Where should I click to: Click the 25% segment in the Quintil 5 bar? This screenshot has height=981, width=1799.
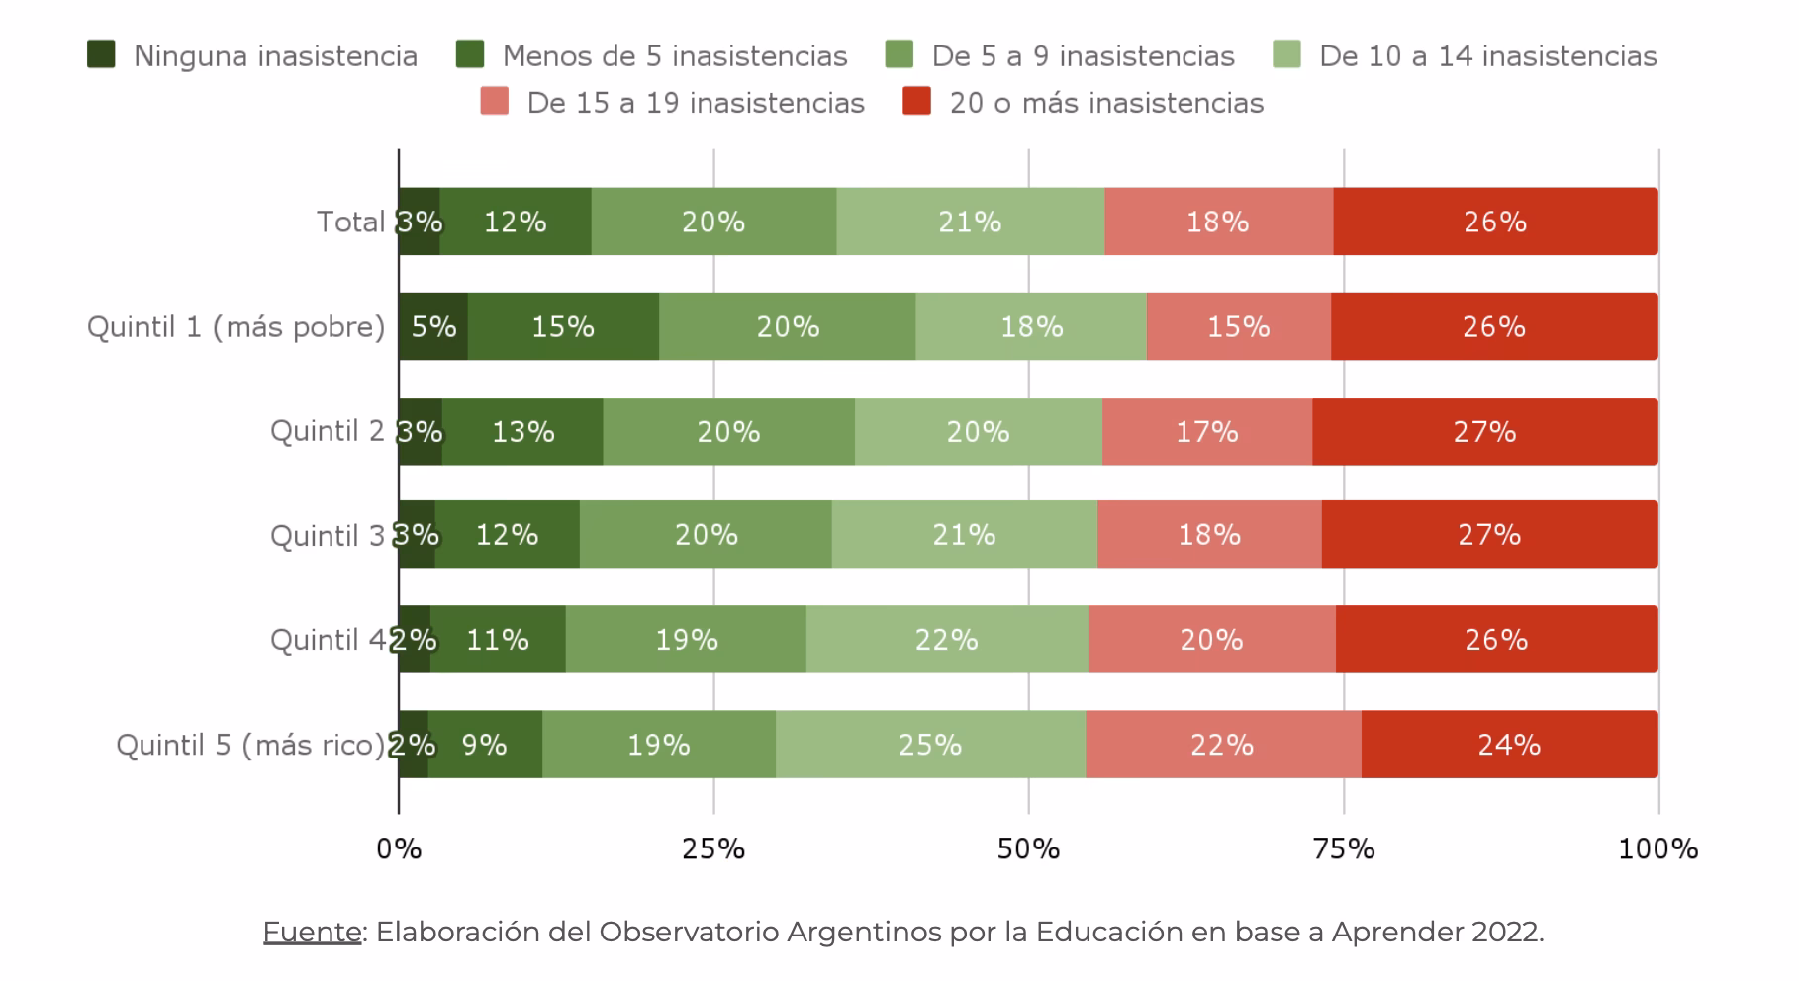(x=930, y=744)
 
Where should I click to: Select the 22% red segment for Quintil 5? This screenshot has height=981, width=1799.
(x=1222, y=744)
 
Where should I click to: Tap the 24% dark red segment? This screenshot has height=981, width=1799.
(x=1509, y=744)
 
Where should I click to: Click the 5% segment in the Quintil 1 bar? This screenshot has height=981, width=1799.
(x=433, y=326)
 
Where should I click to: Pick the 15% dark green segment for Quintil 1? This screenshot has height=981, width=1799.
(x=563, y=326)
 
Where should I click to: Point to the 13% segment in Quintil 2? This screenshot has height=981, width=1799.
(x=522, y=431)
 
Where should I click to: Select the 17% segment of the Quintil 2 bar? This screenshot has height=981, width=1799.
(x=1206, y=431)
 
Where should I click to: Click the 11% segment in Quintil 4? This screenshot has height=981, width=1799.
(x=498, y=639)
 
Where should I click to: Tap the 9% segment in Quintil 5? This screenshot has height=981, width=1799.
(x=485, y=744)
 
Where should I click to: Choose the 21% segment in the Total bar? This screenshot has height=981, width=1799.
(x=970, y=222)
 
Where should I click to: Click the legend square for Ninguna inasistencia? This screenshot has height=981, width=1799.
(x=101, y=54)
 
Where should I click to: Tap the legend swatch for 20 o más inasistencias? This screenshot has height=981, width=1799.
(x=916, y=101)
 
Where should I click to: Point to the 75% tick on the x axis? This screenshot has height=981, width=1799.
(x=1343, y=848)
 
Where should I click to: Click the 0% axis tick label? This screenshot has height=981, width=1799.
(x=399, y=848)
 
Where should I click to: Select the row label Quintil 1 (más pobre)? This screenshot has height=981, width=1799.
(x=236, y=326)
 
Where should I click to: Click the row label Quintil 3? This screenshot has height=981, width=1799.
(x=328, y=535)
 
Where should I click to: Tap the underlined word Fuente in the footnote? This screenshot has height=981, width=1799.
(x=312, y=932)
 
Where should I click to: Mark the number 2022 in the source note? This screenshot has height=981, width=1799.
(x=1504, y=932)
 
